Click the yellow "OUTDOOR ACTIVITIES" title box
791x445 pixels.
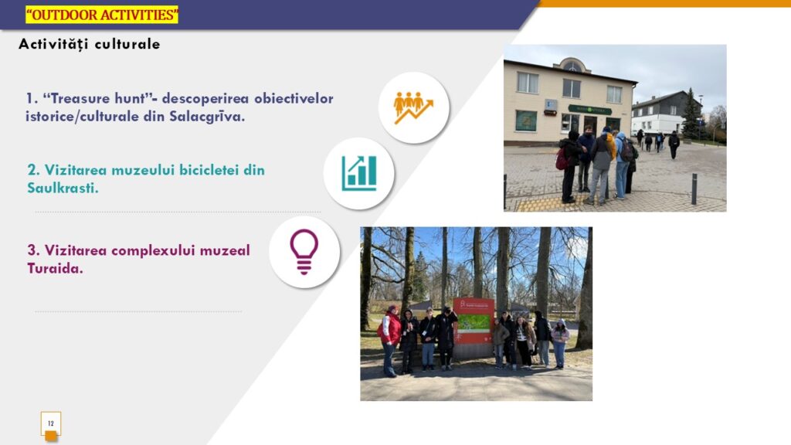coord(102,15)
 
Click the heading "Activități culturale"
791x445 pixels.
coord(90,44)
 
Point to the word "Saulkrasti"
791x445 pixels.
coord(63,189)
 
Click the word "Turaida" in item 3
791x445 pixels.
coord(55,268)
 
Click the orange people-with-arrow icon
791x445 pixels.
coord(413,107)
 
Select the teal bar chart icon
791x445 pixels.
coord(358,173)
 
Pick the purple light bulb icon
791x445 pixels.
coord(304,251)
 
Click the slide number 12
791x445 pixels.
coord(50,423)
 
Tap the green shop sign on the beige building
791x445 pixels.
coord(589,110)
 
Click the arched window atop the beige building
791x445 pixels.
coord(572,66)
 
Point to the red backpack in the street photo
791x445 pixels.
coord(562,158)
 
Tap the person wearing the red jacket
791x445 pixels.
coord(389,341)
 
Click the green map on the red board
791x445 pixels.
coord(474,322)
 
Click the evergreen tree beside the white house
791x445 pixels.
coord(691,115)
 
